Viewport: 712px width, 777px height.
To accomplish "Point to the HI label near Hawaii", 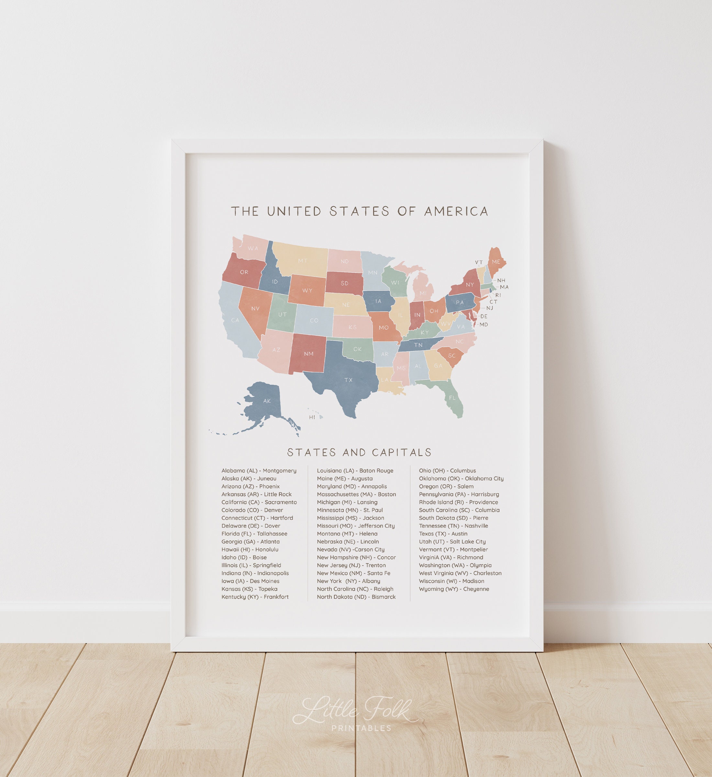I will coord(312,417).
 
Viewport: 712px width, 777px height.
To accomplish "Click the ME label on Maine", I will coord(496,262).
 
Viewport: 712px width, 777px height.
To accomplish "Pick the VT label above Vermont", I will coord(479,263).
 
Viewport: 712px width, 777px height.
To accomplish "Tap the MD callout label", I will coord(484,324).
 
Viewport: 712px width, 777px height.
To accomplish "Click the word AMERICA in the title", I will coord(456,211).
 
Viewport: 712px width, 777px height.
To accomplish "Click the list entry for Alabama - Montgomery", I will coord(259,471).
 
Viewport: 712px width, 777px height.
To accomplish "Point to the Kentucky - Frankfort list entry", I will coord(255,597).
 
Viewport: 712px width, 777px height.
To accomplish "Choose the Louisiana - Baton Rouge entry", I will coord(355,471).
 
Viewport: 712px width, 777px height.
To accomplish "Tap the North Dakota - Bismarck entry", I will coord(356,597).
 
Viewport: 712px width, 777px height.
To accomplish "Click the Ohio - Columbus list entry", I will coord(447,471).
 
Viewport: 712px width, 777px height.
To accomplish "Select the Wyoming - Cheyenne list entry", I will coord(454,589).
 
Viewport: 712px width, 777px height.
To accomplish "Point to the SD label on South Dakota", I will coord(344,283).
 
